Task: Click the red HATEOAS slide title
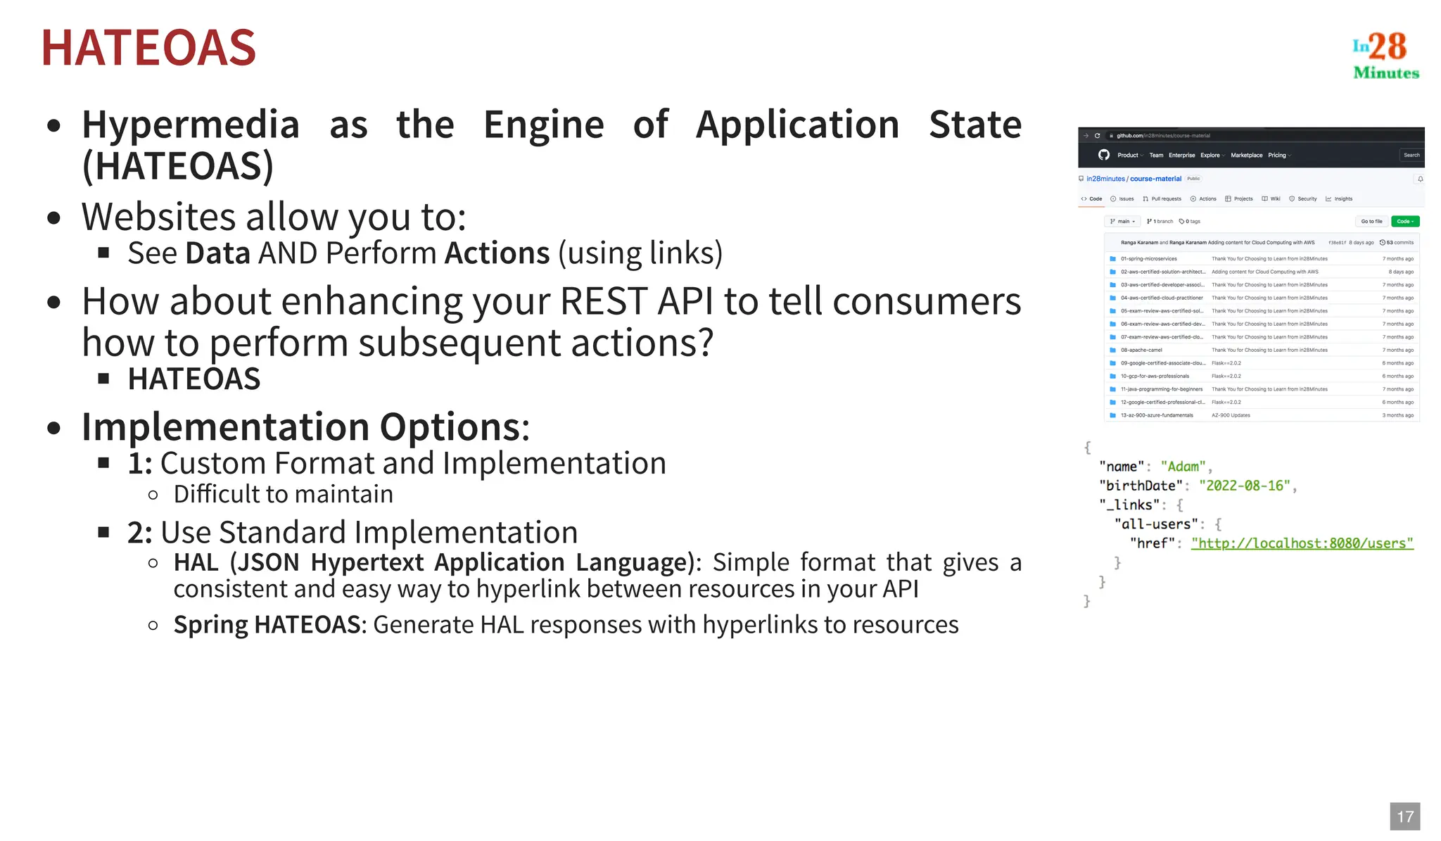[148, 48]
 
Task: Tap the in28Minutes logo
[1385, 55]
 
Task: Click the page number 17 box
[1404, 816]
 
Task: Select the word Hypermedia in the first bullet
[191, 125]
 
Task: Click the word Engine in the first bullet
[543, 125]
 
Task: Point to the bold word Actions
[497, 253]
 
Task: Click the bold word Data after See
[217, 253]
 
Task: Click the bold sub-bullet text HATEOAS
[194, 379]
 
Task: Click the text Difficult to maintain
[283, 494]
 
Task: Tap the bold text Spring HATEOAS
[267, 625]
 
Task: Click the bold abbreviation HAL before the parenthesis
[196, 563]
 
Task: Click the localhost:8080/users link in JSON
[1302, 543]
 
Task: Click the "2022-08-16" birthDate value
[1244, 486]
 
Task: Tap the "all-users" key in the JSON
[1156, 524]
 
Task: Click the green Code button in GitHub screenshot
[1404, 222]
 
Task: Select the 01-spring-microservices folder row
[1149, 259]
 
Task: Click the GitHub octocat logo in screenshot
[1103, 155]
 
